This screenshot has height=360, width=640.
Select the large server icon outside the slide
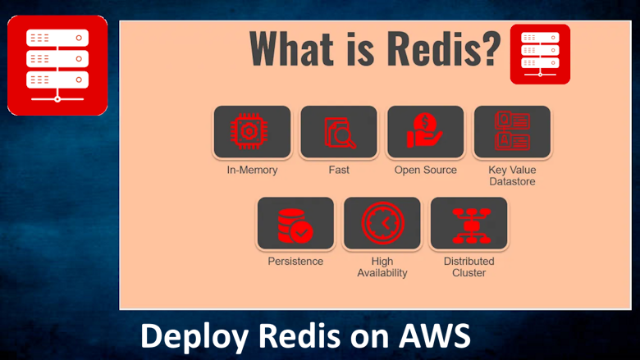click(x=57, y=65)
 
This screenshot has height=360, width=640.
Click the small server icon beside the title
click(x=540, y=54)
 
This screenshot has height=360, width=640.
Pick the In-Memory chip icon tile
click(x=252, y=131)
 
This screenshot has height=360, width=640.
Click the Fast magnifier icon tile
click(x=338, y=131)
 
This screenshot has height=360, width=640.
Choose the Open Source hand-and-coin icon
click(x=425, y=131)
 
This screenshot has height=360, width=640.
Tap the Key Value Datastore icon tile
click(x=512, y=131)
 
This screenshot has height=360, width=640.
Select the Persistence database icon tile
click(x=295, y=223)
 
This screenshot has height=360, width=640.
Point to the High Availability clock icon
click(x=382, y=223)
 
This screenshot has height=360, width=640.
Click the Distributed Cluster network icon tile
click(x=469, y=223)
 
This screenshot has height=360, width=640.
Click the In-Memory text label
click(x=252, y=171)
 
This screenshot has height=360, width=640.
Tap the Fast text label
click(x=338, y=171)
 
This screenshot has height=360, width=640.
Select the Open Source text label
click(x=425, y=171)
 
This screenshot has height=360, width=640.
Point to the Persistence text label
click(x=295, y=262)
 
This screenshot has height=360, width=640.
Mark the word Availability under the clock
click(x=382, y=273)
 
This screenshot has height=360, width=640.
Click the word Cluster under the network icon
click(x=469, y=273)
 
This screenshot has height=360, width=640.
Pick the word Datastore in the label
click(x=512, y=181)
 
